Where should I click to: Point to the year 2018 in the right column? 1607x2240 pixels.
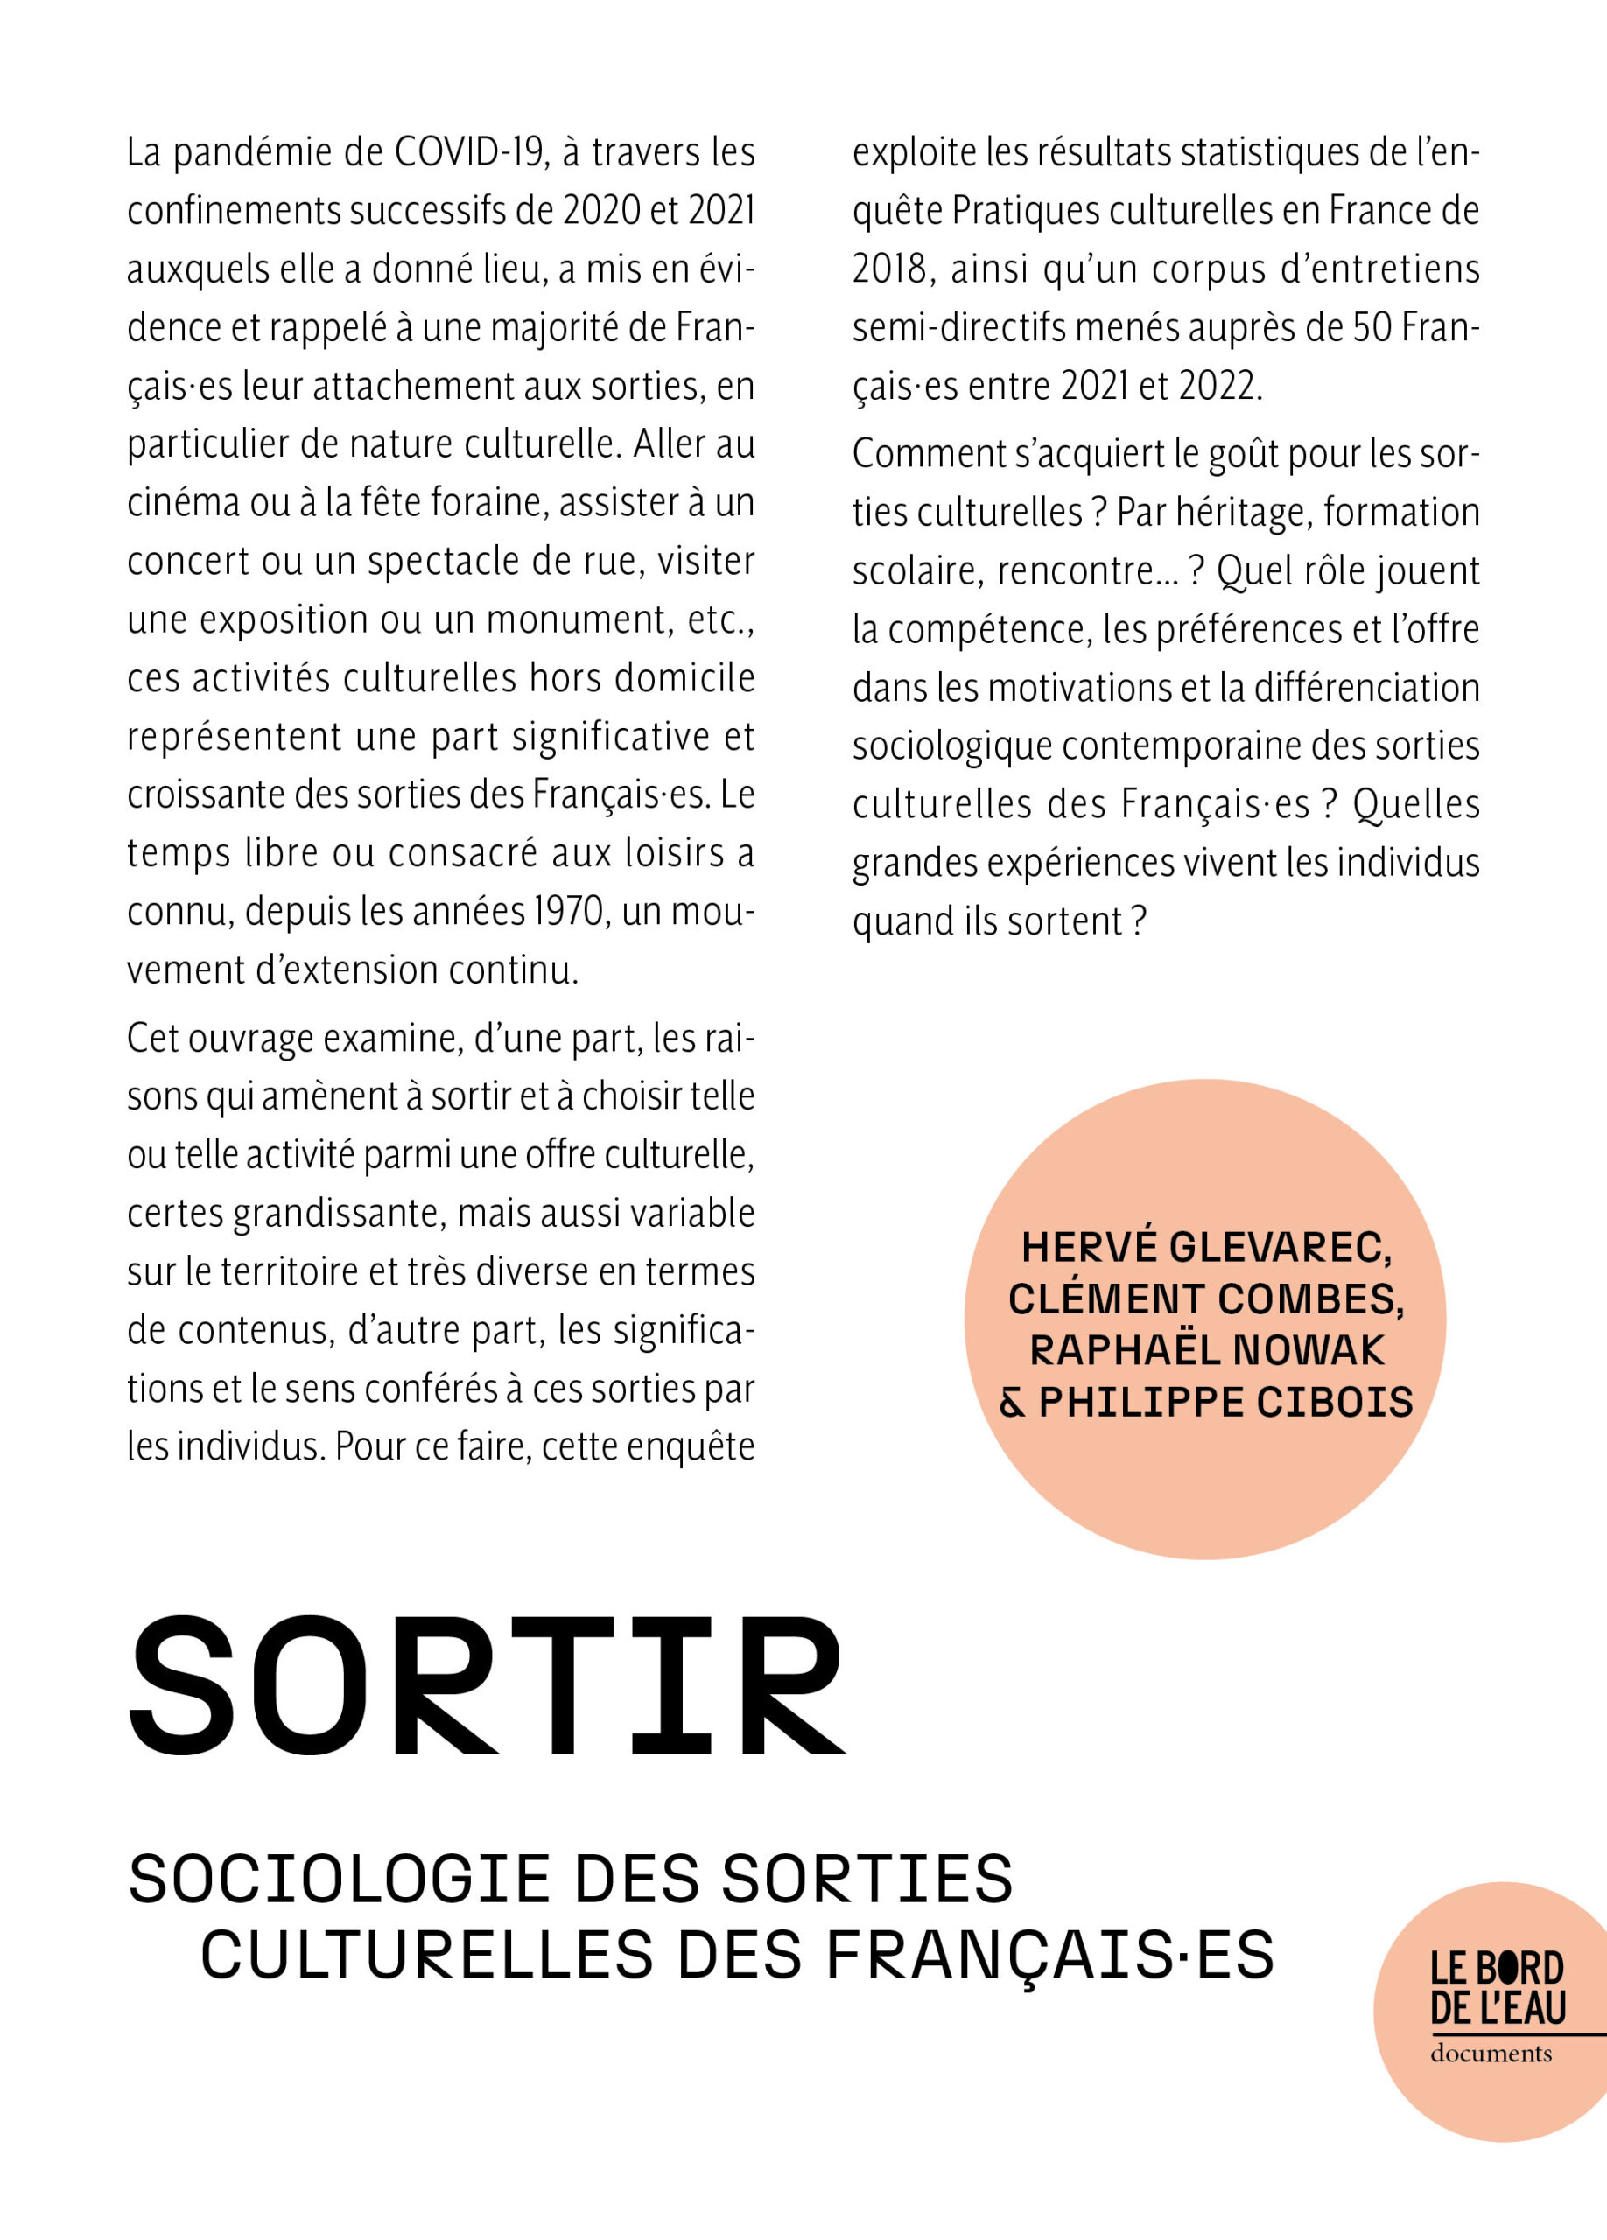click(x=893, y=269)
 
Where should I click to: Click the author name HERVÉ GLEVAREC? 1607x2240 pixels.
click(x=1206, y=1249)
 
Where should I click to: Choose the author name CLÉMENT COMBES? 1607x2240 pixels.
click(x=1206, y=1299)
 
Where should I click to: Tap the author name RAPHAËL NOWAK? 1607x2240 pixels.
click(x=1207, y=1351)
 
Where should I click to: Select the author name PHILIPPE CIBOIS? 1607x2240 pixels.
click(x=1225, y=1403)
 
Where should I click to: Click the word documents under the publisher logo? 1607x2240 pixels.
click(x=1491, y=2054)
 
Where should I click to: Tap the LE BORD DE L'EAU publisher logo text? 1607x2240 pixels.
click(x=1498, y=1988)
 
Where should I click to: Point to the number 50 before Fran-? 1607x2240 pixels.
click(x=1372, y=328)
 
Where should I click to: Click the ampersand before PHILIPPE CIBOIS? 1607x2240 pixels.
click(x=1013, y=1403)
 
